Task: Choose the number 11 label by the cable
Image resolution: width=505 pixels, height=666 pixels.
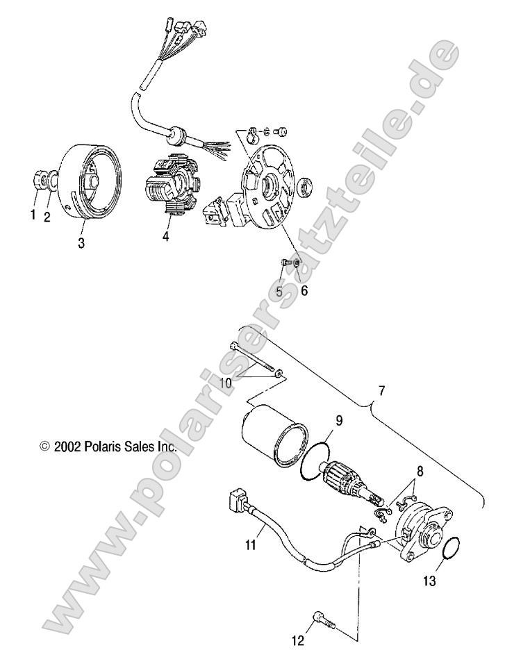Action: point(251,546)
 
